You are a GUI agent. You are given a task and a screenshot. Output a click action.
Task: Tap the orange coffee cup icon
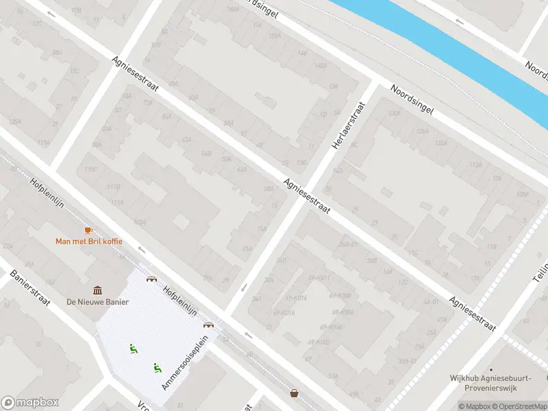coord(88,230)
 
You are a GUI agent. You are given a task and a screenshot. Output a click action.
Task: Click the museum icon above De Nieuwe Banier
coord(97,291)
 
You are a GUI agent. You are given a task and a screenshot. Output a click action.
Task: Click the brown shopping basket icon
coord(294,393)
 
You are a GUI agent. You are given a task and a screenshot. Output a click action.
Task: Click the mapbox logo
coord(30,403)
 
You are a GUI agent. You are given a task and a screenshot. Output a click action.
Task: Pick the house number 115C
coord(90,169)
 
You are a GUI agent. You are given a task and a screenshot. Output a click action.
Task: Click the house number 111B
coord(113,186)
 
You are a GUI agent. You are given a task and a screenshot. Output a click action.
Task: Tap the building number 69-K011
coord(319,277)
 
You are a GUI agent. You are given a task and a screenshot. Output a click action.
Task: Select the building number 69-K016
coord(283,312)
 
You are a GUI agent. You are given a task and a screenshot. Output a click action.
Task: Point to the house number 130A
coord(393,114)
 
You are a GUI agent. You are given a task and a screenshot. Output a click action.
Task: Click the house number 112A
coord(474,164)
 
